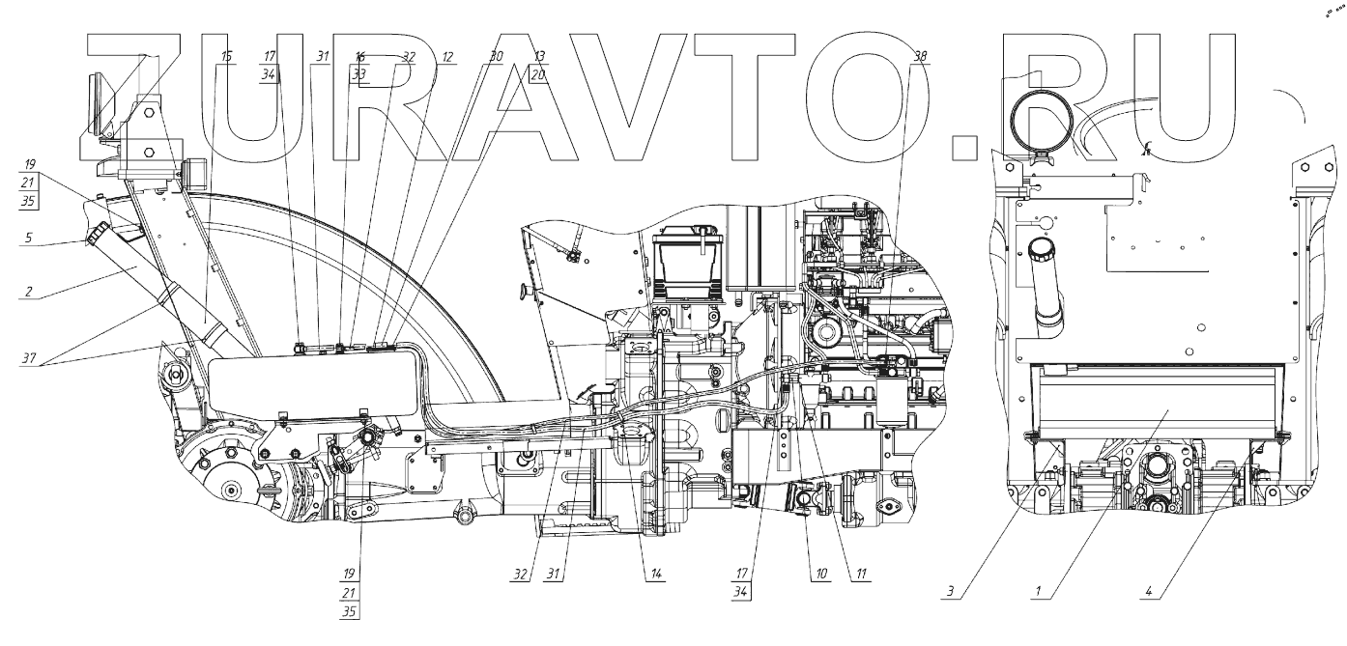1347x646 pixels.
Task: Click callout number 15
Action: click(226, 57)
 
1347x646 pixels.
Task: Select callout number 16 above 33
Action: click(359, 57)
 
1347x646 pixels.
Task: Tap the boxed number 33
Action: click(359, 72)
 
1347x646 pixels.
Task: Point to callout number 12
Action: click(447, 57)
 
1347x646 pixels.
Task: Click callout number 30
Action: click(497, 57)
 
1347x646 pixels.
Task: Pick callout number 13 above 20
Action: click(538, 57)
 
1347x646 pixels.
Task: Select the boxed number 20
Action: click(538, 72)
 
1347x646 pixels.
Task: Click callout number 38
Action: click(919, 57)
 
